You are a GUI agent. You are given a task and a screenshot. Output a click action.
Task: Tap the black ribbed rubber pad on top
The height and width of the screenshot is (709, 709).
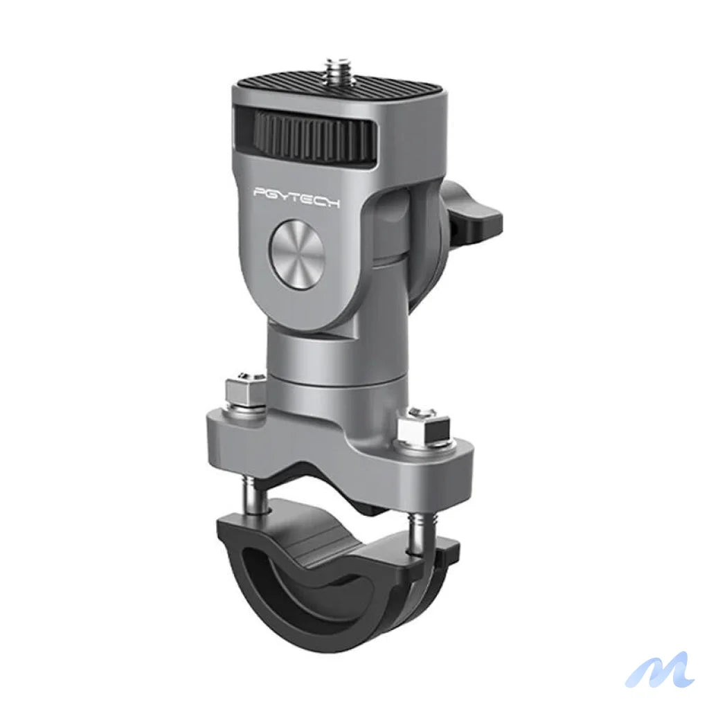point(388,94)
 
